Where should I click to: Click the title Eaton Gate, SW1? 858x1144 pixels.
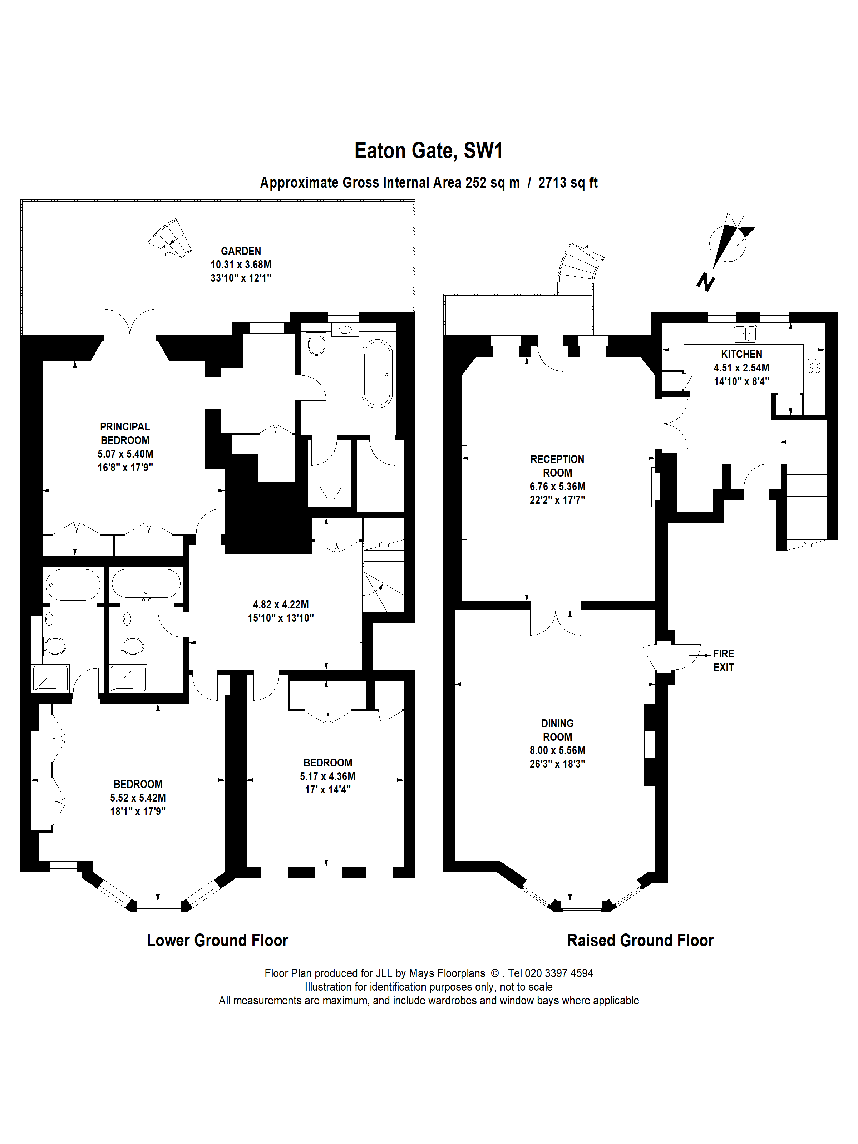428,151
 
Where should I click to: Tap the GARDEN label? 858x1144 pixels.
241,251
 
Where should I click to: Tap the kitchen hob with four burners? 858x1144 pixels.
814,366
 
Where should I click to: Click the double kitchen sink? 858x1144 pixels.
744,334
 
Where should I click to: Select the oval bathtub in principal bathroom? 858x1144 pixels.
377,373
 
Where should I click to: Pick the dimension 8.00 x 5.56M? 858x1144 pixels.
557,750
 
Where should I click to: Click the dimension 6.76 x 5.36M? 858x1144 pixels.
557,486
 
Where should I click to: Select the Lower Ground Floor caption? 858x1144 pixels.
217,940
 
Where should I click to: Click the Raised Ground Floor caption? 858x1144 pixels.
640,940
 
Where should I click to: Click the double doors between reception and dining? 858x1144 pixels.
556,622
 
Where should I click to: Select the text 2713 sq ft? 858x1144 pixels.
567,183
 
